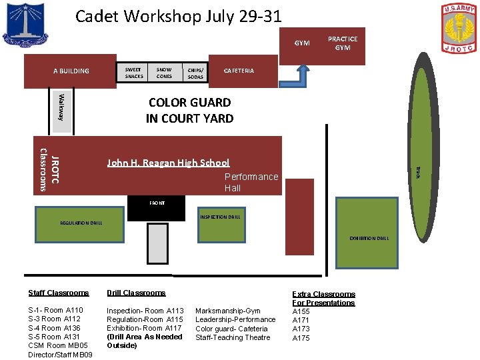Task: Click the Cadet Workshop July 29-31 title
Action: coord(179,16)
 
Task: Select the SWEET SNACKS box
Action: coord(133,73)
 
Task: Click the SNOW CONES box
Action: coord(164,73)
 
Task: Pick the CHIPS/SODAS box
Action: coord(195,73)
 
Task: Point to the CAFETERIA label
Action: coord(239,71)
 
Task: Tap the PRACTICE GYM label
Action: coord(343,43)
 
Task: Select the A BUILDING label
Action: coord(71,71)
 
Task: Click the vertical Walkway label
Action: coord(61,107)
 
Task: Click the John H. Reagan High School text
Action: coord(168,163)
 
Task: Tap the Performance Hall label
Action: coord(251,182)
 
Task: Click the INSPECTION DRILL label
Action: coord(220,217)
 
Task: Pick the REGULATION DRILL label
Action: coord(81,223)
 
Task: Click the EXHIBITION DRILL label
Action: coord(369,238)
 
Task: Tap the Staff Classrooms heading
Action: coord(59,293)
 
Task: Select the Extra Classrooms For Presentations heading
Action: coord(323,298)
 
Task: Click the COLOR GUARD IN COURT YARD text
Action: coord(190,110)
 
